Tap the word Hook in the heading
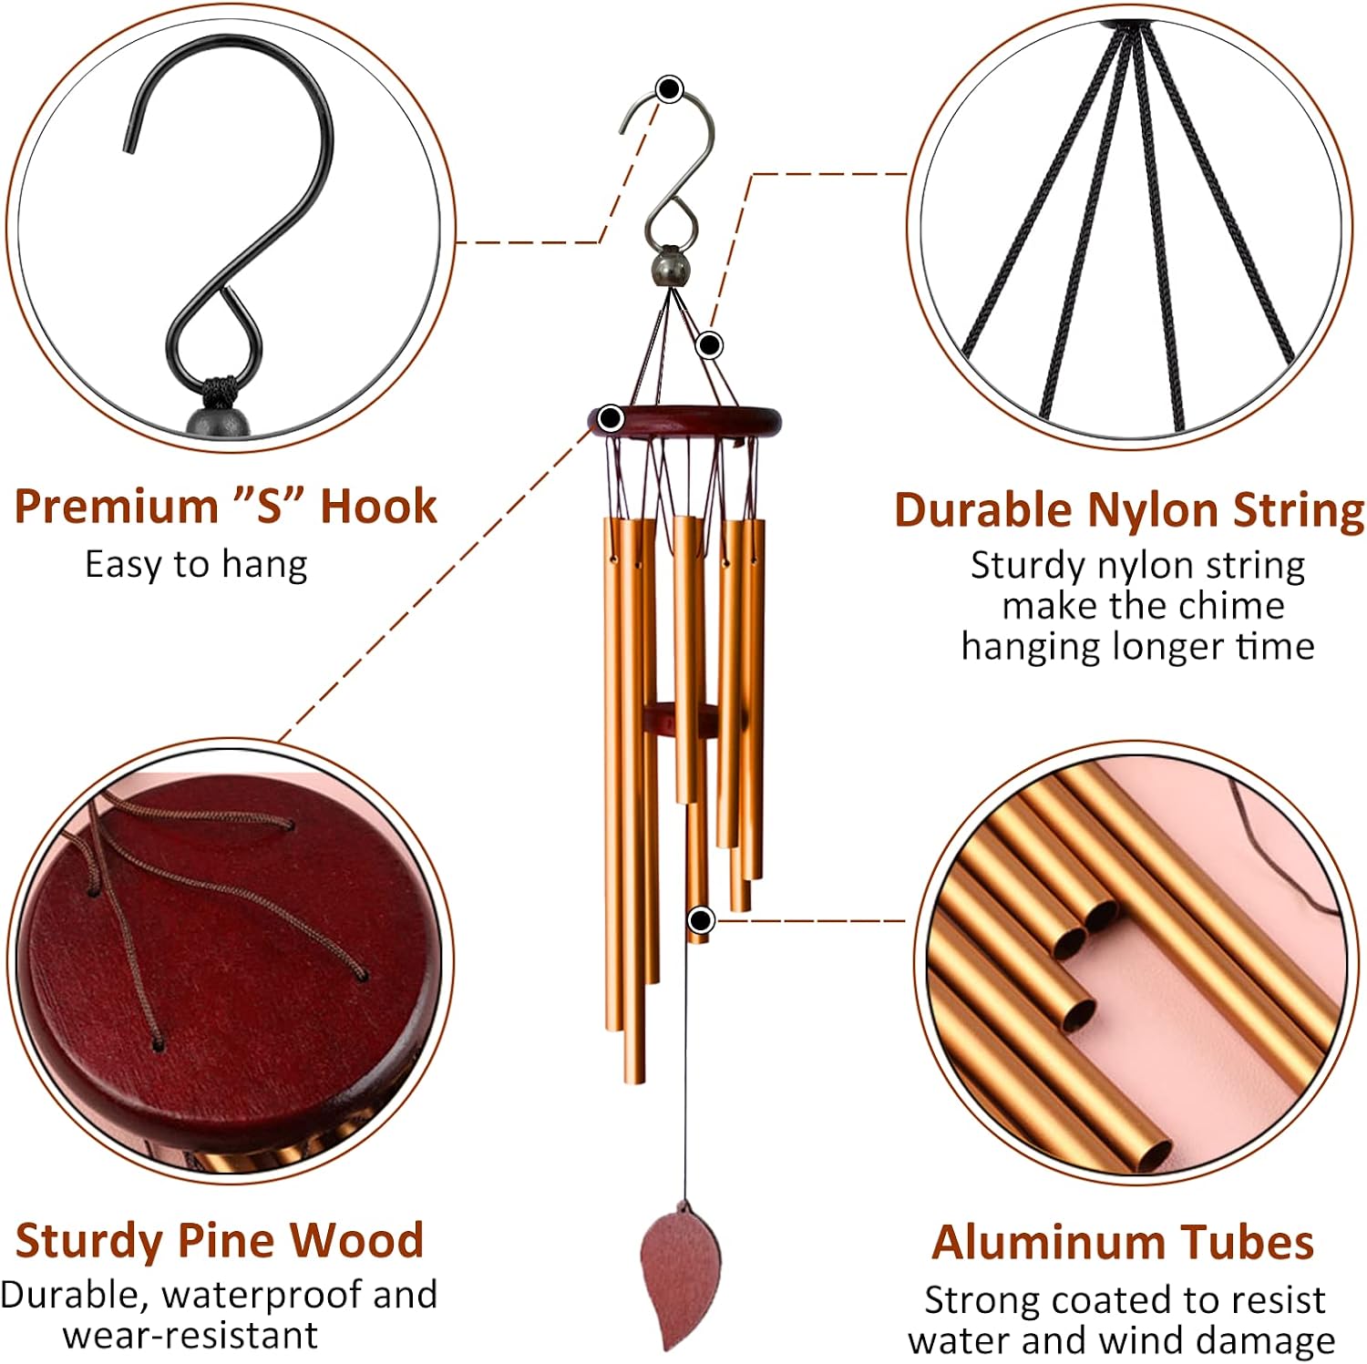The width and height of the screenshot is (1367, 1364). (379, 506)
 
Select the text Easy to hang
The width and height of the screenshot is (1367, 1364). (196, 565)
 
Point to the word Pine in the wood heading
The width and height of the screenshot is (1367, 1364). (227, 1240)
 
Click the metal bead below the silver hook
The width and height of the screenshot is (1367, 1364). (670, 267)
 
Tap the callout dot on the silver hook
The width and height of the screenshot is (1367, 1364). (670, 89)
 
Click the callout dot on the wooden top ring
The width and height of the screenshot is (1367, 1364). (611, 419)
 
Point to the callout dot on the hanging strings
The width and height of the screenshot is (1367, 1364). (710, 345)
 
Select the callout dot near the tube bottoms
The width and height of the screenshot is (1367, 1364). (700, 921)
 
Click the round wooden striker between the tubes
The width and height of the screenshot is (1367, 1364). (679, 718)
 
